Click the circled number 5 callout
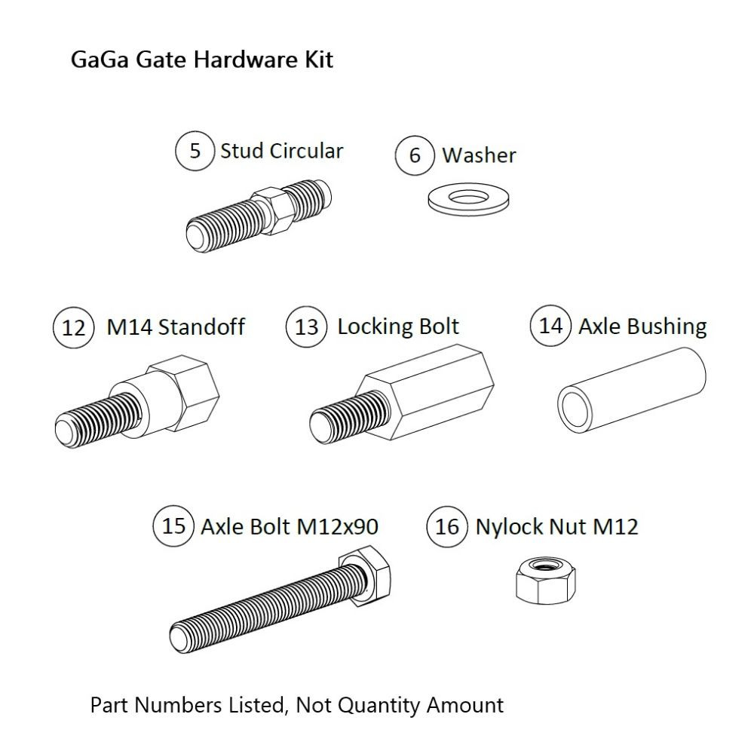(195, 151)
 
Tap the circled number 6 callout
(415, 155)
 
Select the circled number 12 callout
(74, 328)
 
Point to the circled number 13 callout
(307, 327)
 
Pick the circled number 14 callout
(551, 326)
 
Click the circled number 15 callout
(173, 525)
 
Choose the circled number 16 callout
(447, 526)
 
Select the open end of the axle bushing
(578, 405)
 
